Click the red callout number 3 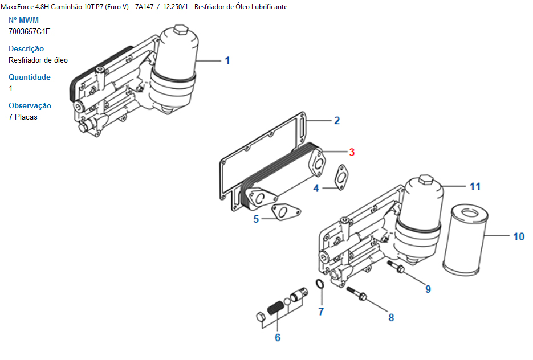click(352, 152)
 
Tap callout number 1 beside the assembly click(227, 60)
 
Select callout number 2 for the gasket click(337, 121)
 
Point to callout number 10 click(519, 236)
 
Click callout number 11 click(475, 186)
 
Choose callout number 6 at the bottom click(278, 338)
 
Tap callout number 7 click(322, 312)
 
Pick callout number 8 click(391, 317)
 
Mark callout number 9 click(428, 289)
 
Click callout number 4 click(316, 188)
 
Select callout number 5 click(256, 219)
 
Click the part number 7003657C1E click(30, 31)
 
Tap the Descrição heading click(26, 48)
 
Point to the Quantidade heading click(30, 77)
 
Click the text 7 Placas click(23, 117)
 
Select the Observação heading click(30, 105)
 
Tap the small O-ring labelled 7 click(320, 284)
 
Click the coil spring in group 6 click(276, 308)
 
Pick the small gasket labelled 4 click(341, 177)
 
